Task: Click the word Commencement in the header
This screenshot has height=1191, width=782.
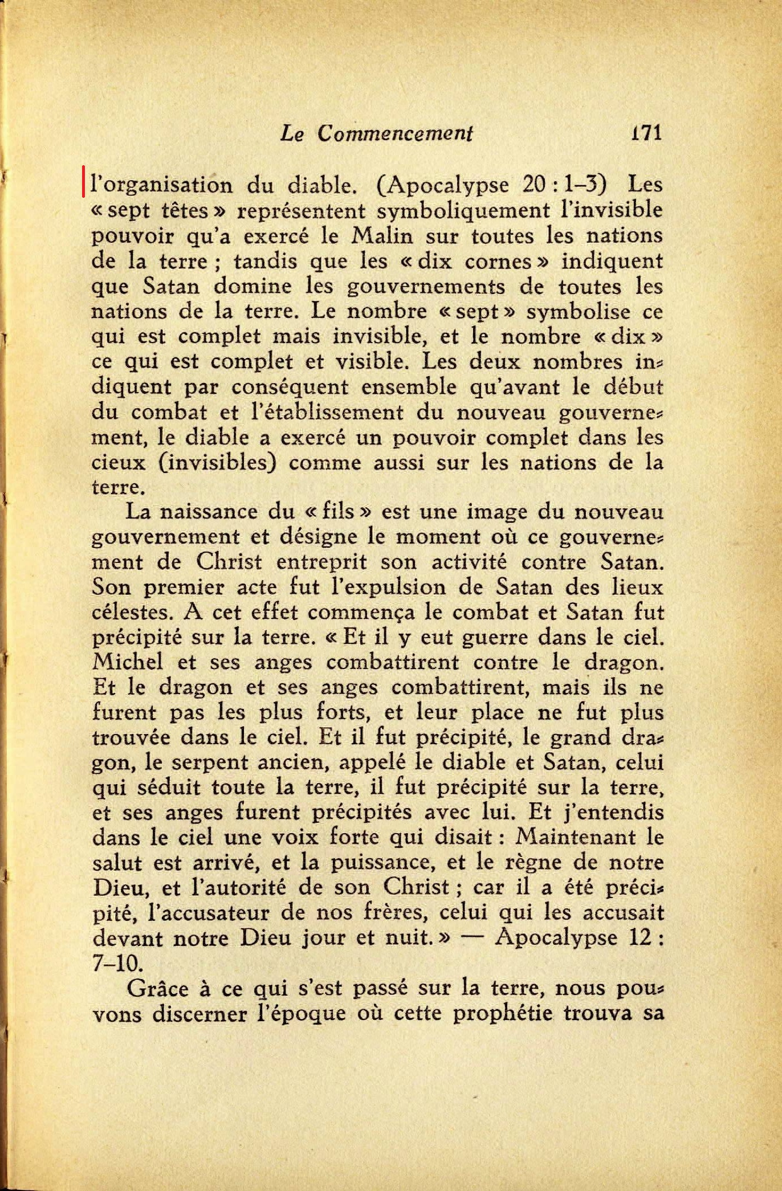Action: (395, 133)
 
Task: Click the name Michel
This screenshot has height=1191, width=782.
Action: (127, 662)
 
